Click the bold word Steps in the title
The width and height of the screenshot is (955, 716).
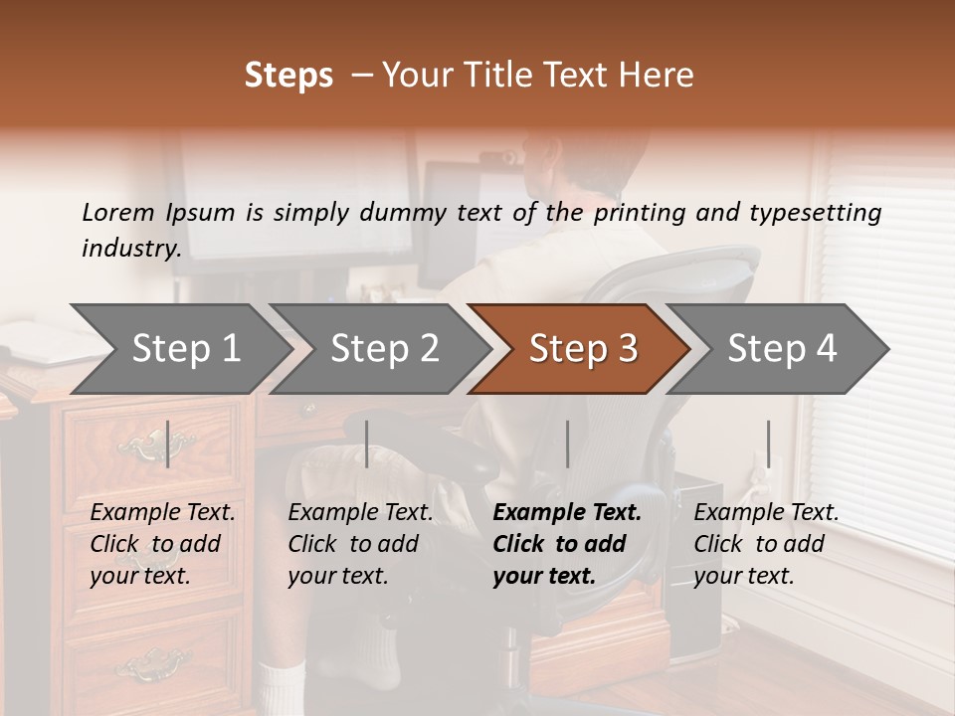point(288,76)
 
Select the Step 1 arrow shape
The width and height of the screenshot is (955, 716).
point(179,348)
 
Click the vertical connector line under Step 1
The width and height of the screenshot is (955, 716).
point(167,444)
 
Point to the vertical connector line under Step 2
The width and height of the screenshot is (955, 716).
point(367,444)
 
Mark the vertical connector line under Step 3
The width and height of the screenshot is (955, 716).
point(567,444)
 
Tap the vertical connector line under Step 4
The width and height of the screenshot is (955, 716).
point(768,444)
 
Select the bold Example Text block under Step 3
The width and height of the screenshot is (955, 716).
point(567,544)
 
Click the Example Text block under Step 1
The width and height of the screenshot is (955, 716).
point(162,544)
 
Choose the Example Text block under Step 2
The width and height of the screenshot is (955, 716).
point(360,544)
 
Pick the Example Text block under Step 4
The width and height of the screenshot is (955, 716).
point(766,544)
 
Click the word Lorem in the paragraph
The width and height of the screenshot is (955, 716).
point(117,212)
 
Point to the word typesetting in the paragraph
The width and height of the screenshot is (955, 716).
point(810,212)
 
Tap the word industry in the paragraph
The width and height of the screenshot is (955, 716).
point(129,248)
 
